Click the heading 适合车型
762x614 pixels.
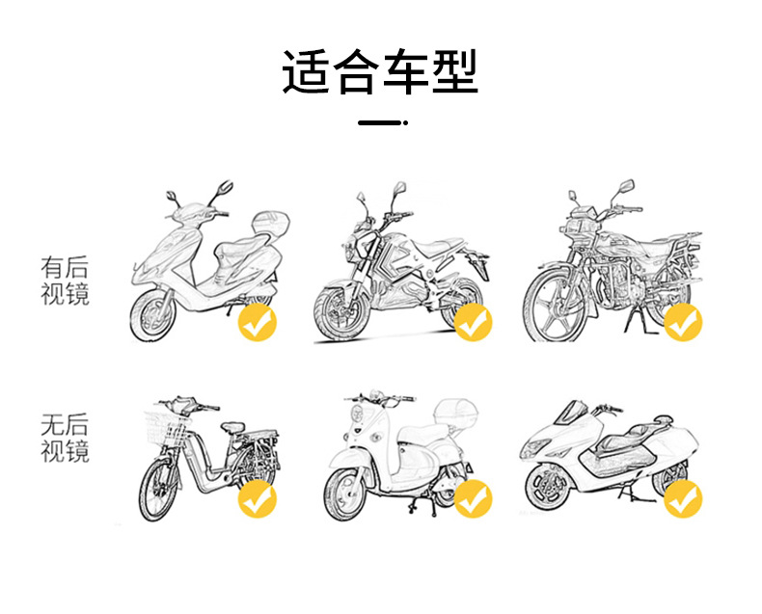point(380,72)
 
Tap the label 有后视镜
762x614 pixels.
point(65,280)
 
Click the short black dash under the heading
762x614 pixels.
point(380,123)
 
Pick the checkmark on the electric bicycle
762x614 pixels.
point(257,498)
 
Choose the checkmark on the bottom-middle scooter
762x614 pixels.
point(473,498)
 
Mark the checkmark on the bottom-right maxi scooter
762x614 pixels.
point(683,498)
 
